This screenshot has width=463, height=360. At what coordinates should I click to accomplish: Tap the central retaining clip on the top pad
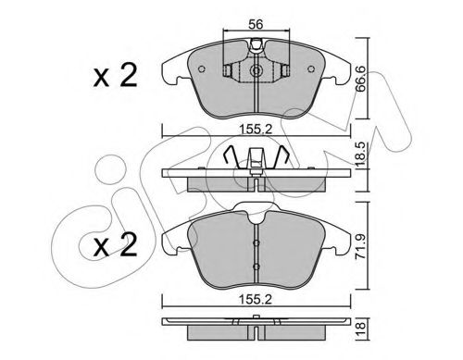[253, 68]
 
